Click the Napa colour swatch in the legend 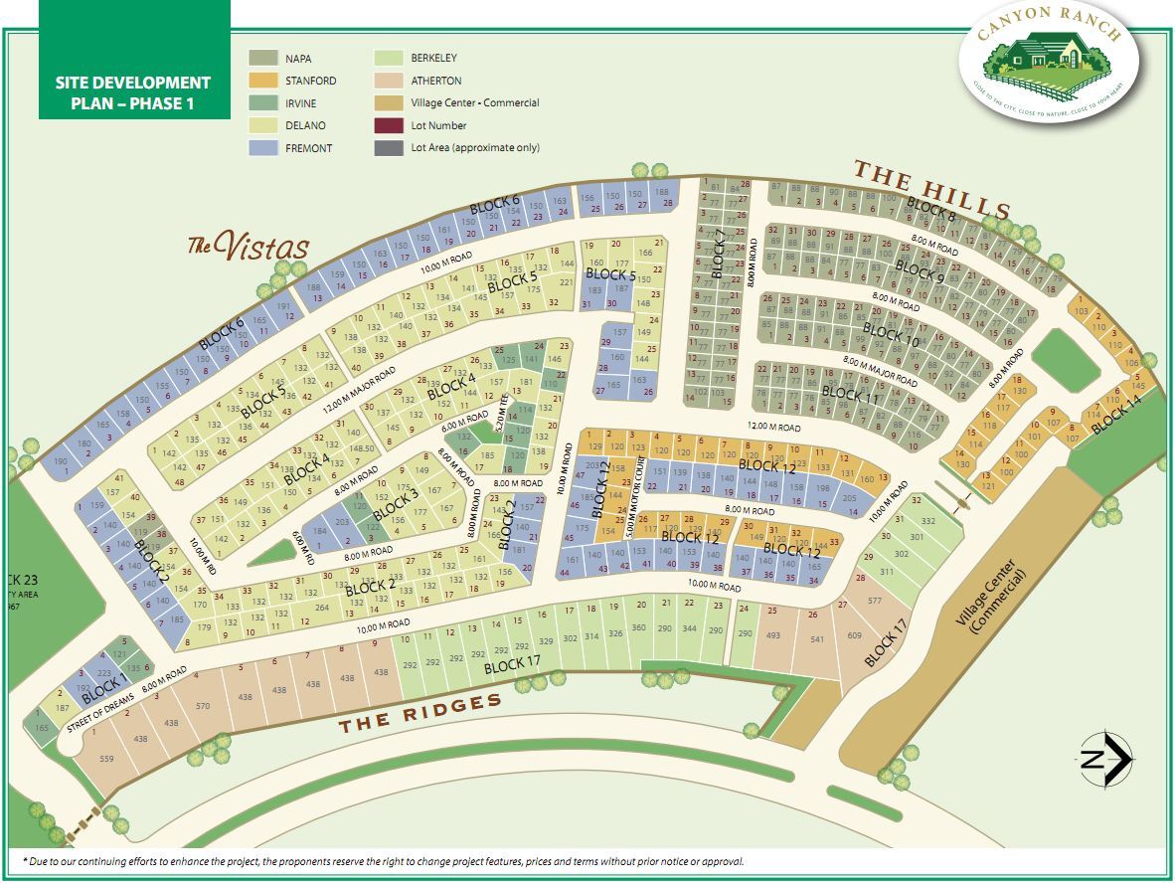262,59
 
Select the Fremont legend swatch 262,148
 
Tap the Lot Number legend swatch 389,126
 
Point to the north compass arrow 1107,761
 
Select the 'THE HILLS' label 932,190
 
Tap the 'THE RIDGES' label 420,713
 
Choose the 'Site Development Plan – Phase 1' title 133,92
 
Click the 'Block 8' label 931,211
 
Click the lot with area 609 854,635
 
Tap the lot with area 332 928,521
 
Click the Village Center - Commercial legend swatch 389,103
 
